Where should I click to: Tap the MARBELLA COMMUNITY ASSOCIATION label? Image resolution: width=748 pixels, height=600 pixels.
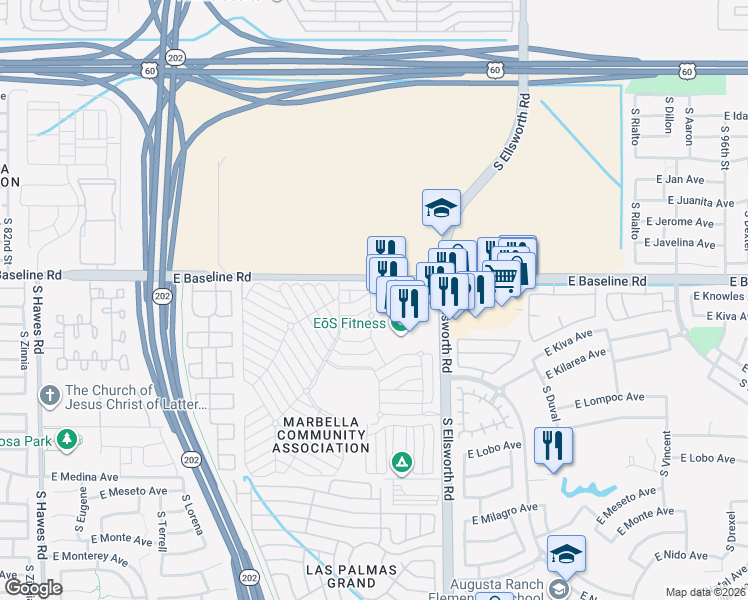322,433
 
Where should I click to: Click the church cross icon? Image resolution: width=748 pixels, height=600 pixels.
50,396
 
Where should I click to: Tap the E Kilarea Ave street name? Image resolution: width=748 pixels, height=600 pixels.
576,368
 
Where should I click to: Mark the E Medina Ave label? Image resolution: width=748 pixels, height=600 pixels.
84,476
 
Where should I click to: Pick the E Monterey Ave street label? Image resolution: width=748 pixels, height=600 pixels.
91,558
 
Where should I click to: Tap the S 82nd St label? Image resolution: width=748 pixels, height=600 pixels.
9,240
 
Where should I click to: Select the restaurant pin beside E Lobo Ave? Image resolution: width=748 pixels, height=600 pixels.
554,445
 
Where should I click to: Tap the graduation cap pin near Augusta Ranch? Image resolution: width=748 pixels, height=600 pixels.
566,553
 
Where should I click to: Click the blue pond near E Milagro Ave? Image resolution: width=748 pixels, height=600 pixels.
587,489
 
